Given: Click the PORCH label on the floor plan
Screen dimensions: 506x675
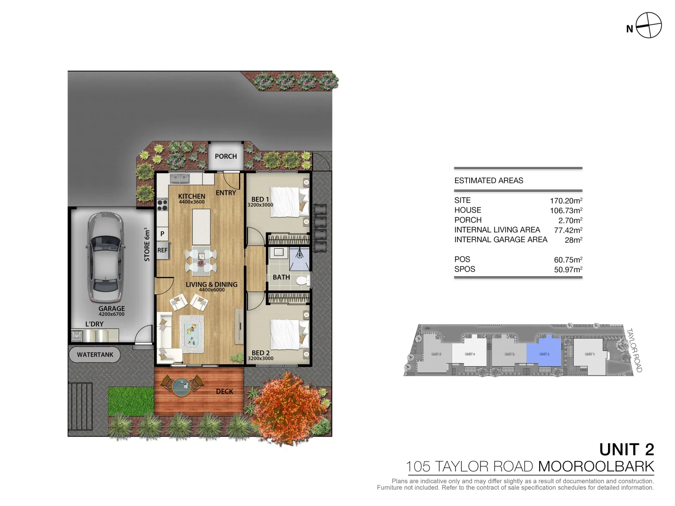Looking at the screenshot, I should click(225, 156).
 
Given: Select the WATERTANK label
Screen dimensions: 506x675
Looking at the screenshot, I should click(95, 355).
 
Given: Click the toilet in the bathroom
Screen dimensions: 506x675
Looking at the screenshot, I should click(302, 280).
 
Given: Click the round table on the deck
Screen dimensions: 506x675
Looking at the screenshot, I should click(182, 387).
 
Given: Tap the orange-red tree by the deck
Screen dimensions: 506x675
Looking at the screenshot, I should click(287, 407).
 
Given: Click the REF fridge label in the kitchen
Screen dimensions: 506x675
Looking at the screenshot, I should click(162, 250).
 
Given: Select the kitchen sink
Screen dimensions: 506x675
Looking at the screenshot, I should click(179, 179).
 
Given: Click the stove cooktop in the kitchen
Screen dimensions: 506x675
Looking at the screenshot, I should click(162, 205).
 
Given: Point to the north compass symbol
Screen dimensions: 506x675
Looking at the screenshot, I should click(648, 25).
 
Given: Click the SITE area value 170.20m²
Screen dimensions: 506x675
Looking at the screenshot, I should click(566, 201).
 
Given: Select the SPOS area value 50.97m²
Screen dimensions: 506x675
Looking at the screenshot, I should click(568, 269).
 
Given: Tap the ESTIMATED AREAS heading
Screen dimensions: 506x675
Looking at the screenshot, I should click(488, 180).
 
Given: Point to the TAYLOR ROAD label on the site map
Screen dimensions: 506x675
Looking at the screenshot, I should click(634, 350).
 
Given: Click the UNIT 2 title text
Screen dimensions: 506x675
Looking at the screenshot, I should click(626, 449).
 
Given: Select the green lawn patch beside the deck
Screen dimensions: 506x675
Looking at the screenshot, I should click(131, 401).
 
